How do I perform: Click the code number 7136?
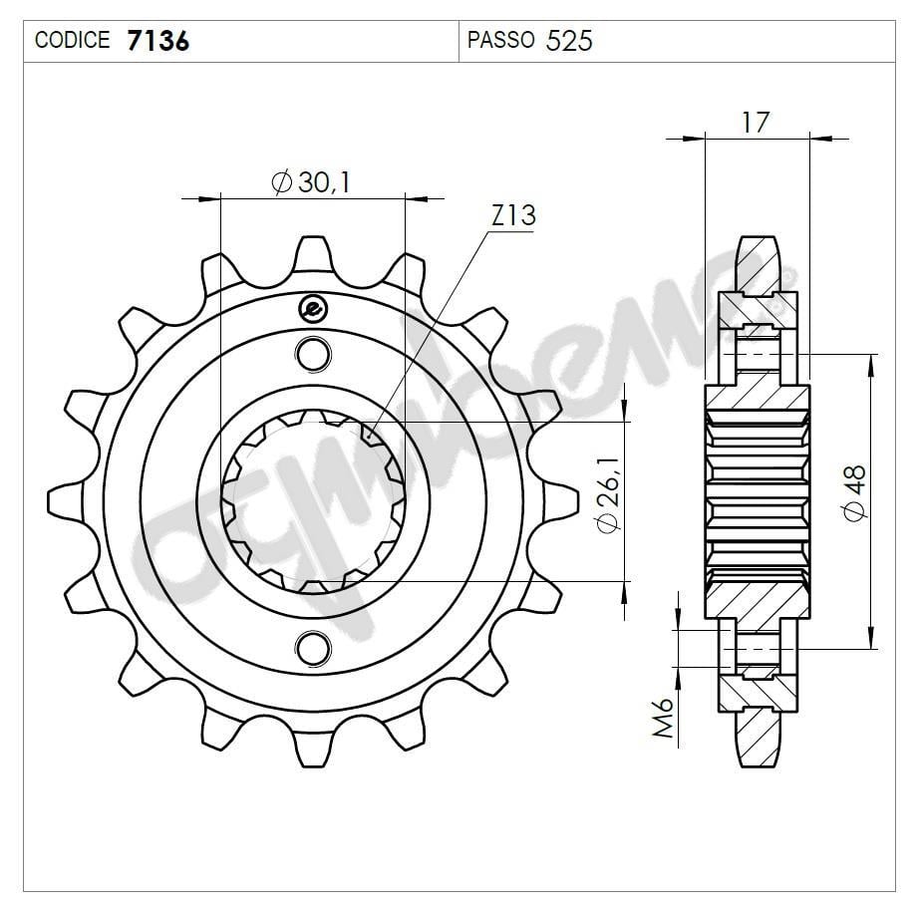[x=157, y=41]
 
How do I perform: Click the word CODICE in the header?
[x=72, y=41]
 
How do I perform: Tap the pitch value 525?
[x=570, y=41]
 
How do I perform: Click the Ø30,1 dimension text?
[x=312, y=182]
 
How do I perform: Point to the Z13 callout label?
[x=513, y=215]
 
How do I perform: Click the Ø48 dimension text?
[x=854, y=493]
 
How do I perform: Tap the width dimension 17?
[x=756, y=122]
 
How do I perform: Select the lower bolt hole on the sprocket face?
[x=312, y=646]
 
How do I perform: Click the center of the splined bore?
[x=312, y=499]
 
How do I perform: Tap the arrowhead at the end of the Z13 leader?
[x=369, y=437]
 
